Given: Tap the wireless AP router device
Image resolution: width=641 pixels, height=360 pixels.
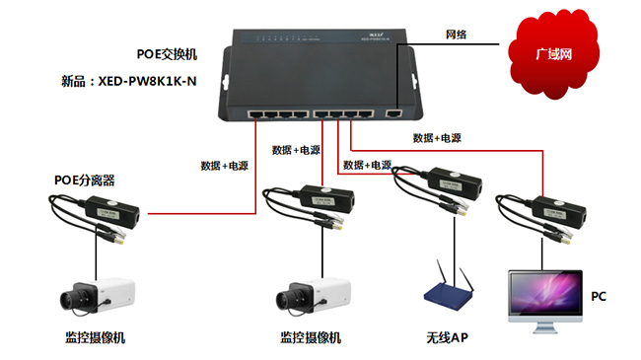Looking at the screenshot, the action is tap(448, 292).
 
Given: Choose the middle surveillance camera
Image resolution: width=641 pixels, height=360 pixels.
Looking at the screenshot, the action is tap(310, 295).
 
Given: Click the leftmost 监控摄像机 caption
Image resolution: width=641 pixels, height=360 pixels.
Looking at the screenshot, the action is tap(96, 338).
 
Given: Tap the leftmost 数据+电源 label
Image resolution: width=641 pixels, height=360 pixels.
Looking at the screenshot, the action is tap(225, 166).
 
